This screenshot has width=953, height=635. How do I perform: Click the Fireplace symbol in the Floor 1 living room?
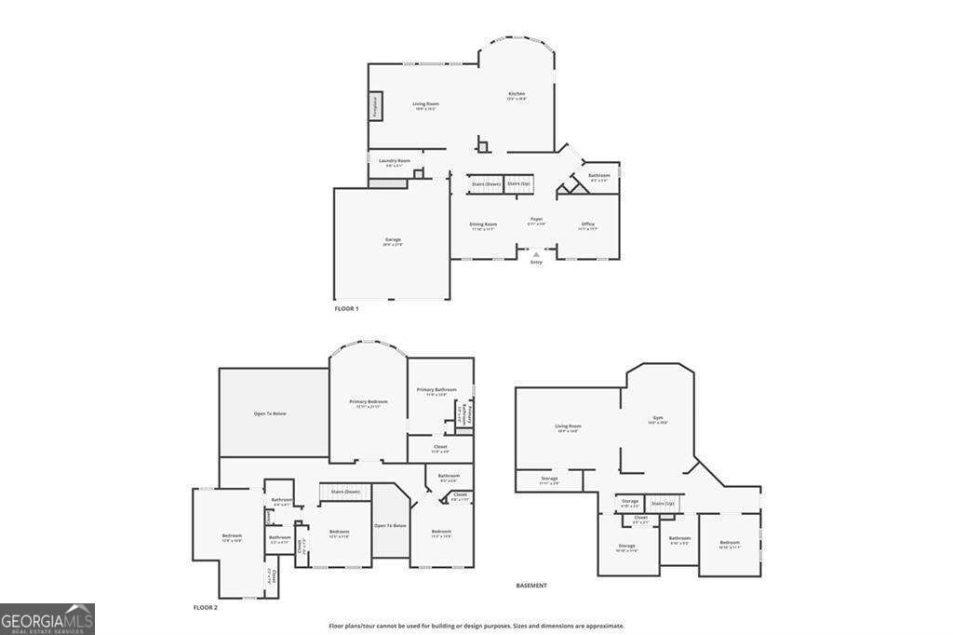click(x=376, y=106)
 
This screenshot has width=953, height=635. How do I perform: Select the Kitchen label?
click(x=517, y=94)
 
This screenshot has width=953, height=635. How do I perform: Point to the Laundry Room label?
click(x=394, y=161)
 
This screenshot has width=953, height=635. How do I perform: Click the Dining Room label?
click(x=483, y=224)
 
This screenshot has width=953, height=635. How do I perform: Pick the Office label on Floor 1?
click(x=587, y=224)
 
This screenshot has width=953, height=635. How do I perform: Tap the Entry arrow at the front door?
click(x=536, y=253)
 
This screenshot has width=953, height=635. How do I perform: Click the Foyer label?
click(x=536, y=220)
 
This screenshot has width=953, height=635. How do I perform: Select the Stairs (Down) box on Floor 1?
click(x=486, y=184)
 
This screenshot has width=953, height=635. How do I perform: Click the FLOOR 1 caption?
click(x=346, y=307)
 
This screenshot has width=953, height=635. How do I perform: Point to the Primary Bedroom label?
click(x=368, y=402)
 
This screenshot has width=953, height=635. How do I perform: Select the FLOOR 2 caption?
click(x=205, y=607)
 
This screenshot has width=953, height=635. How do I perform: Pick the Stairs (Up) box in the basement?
click(x=662, y=504)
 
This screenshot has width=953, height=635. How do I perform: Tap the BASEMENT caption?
click(x=531, y=586)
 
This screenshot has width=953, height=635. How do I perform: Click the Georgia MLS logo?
click(x=47, y=618)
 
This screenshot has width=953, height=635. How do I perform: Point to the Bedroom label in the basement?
click(x=730, y=543)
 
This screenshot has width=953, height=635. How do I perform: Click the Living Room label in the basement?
click(x=569, y=426)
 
